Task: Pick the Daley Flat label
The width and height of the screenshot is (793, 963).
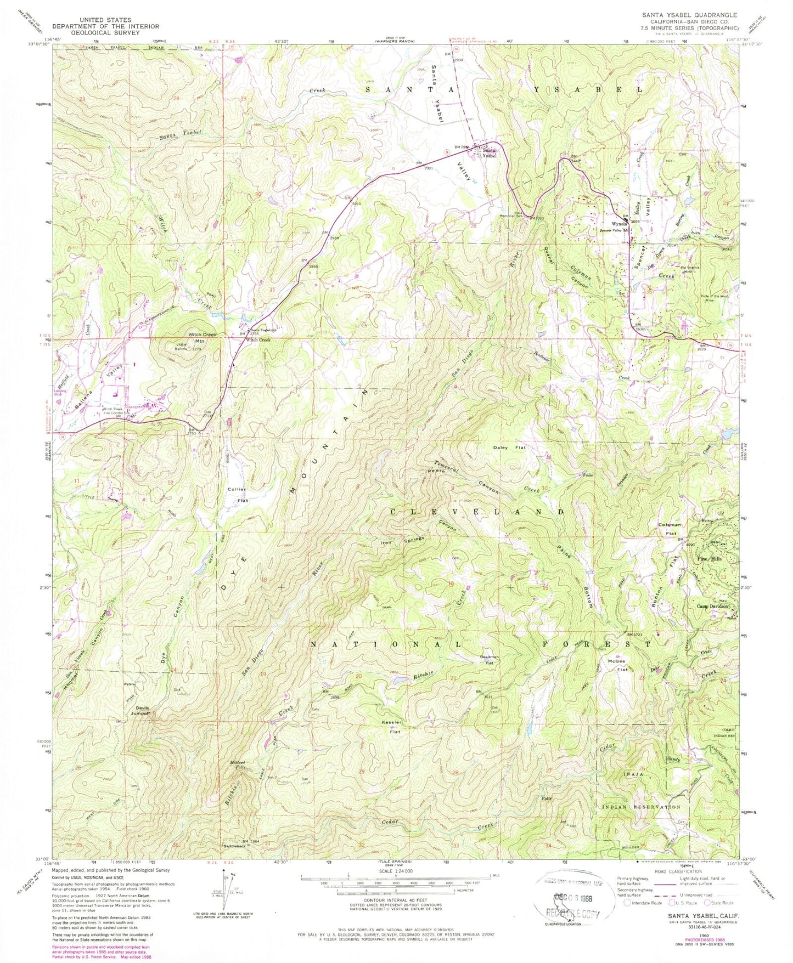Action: pyautogui.click(x=509, y=447)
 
